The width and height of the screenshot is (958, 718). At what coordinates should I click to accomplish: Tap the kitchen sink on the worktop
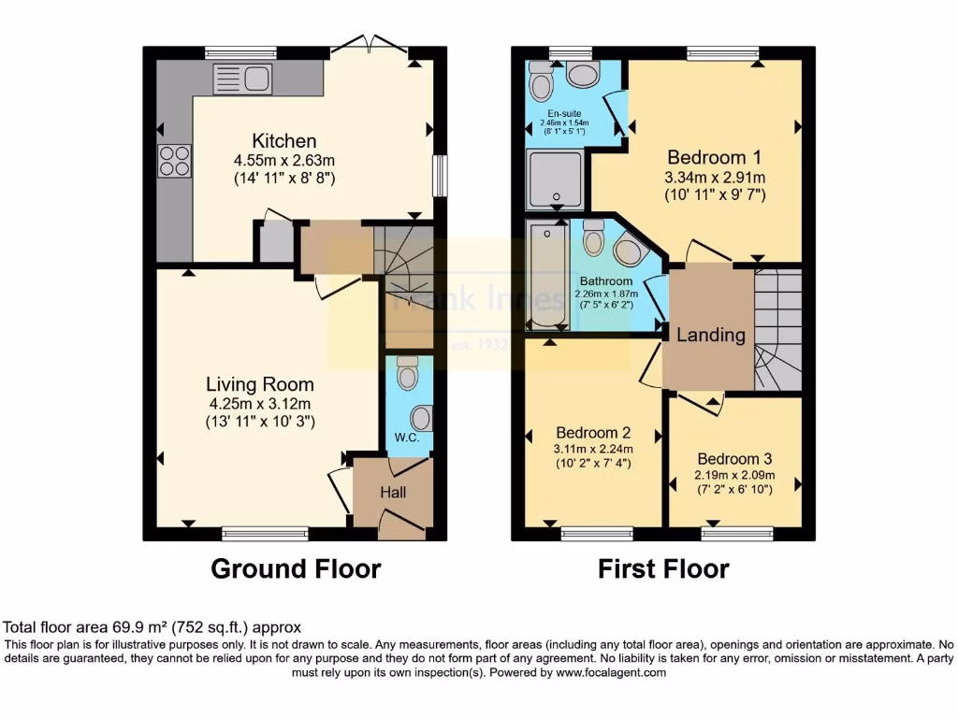[x=241, y=80]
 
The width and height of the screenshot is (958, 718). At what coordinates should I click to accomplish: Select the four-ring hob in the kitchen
[x=174, y=161]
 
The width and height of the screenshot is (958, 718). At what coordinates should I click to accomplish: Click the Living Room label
[x=260, y=384]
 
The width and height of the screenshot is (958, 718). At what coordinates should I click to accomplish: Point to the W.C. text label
[x=405, y=436]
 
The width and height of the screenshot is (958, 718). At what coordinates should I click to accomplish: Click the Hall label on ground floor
[x=393, y=492]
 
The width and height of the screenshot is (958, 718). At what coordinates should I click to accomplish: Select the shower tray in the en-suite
[x=556, y=179]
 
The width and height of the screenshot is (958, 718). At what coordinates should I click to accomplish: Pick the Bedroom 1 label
[x=714, y=157]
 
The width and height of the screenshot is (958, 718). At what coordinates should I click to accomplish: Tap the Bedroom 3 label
[x=734, y=459]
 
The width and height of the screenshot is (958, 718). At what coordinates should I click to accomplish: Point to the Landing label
[x=711, y=335]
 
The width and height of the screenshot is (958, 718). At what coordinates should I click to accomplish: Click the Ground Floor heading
[x=296, y=568]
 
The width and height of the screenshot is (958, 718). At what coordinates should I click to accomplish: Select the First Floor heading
[x=663, y=568]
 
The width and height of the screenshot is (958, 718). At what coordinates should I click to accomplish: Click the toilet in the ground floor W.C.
[x=408, y=374]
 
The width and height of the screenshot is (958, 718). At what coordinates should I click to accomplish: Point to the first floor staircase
[x=778, y=327]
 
